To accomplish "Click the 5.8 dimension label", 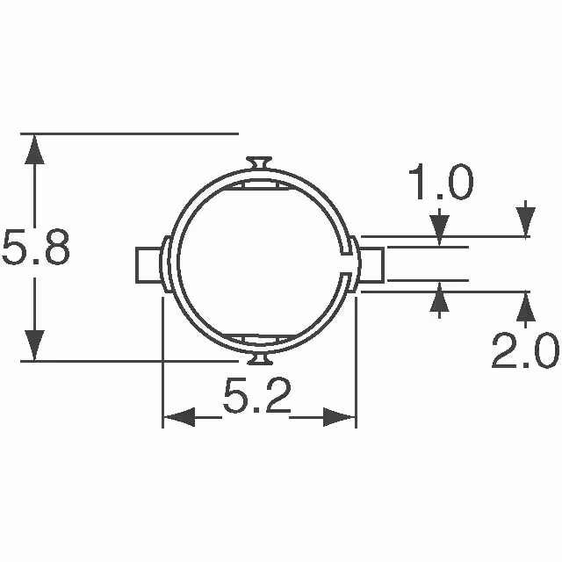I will tap(35, 248).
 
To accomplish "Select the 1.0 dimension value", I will tap(440, 185).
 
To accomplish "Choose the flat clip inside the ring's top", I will tap(260, 186).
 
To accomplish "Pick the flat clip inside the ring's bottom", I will tap(260, 339).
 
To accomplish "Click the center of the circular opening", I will tap(260, 262).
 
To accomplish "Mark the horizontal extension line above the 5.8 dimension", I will tap(132, 133).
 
